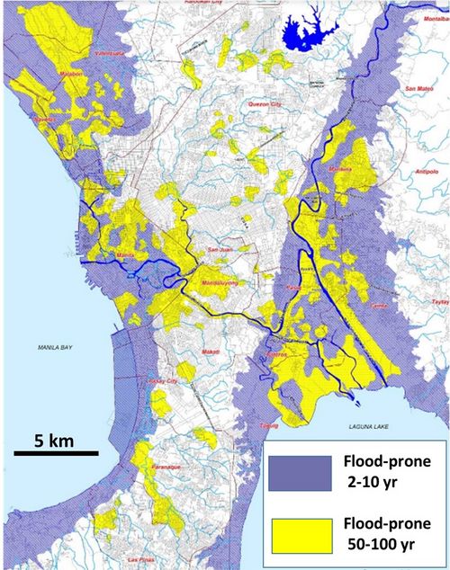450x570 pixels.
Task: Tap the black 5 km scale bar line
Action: click(55, 453)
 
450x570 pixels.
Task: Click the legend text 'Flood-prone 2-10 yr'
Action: click(379, 473)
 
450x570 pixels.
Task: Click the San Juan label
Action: click(220, 249)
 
